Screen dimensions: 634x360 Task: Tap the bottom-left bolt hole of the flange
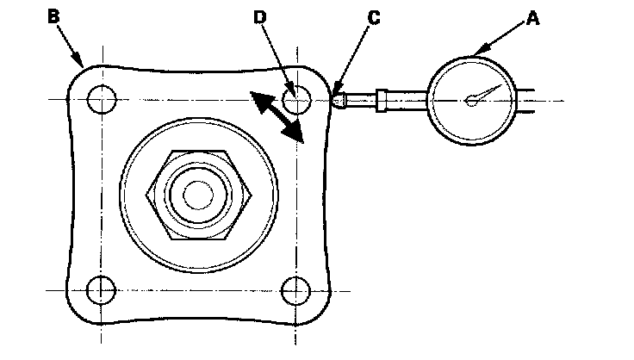coord(102,289)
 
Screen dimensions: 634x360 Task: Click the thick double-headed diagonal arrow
coord(277,115)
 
